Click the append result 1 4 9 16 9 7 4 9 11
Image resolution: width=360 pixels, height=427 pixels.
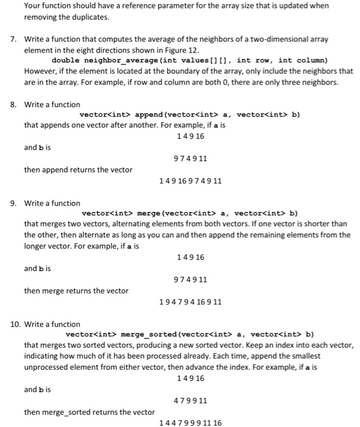pyautogui.click(x=190, y=181)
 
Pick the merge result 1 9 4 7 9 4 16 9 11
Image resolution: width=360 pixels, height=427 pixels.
pyautogui.click(x=190, y=302)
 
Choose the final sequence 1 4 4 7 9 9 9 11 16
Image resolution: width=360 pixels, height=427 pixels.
pyautogui.click(x=190, y=423)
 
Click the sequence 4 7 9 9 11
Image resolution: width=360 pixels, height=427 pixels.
pyautogui.click(x=190, y=401)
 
